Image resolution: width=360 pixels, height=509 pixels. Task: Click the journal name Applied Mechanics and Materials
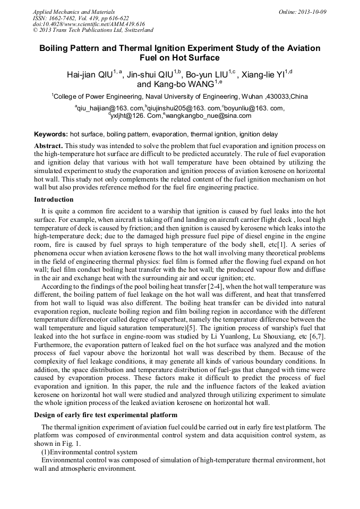pos(73,12)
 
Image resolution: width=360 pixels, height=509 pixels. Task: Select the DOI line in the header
pos(89,24)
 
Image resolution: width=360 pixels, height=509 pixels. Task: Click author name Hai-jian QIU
pos(89,75)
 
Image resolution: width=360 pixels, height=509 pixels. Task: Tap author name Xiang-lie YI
pos(263,75)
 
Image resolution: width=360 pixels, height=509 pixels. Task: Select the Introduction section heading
pos(54,200)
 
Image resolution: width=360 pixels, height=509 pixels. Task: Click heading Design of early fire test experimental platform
pos(106,415)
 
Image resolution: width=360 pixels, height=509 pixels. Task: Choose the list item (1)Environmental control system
pos(81,452)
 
